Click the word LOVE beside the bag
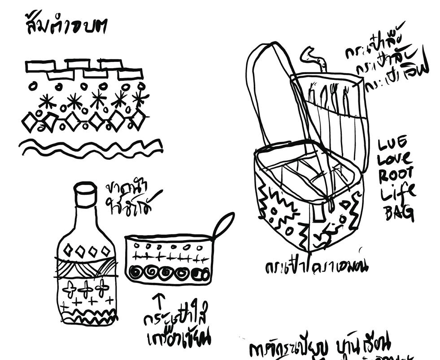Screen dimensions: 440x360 395,159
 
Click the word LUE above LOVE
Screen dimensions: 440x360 393,143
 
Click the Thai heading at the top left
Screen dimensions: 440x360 65,27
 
